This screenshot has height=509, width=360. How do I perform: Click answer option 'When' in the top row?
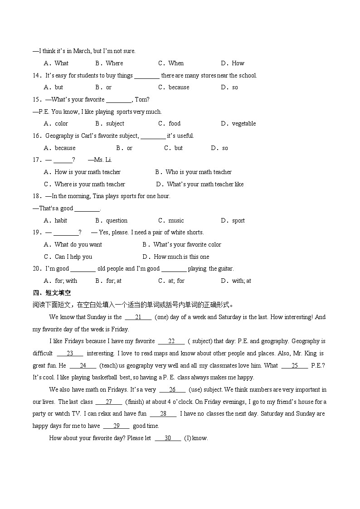[175, 63]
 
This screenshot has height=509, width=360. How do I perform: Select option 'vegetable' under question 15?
[243, 123]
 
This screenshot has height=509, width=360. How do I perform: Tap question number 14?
[37, 75]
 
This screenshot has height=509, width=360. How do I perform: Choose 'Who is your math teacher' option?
[198, 172]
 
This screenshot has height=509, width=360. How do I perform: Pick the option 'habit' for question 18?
[61, 220]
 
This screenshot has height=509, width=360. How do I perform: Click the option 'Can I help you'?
[73, 257]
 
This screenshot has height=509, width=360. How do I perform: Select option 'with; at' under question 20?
[241, 281]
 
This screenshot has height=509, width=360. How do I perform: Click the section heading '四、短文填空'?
[52, 293]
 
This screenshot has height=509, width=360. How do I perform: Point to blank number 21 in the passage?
[138, 317]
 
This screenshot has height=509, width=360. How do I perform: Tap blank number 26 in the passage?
[172, 389]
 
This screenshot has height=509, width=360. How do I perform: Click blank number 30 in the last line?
[168, 438]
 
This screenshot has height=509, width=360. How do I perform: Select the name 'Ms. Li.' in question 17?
[103, 160]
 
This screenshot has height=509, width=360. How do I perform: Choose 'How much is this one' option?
[181, 257]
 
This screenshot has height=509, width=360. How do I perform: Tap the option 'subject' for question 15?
[115, 123]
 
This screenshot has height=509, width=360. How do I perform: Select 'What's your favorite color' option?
[187, 244]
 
